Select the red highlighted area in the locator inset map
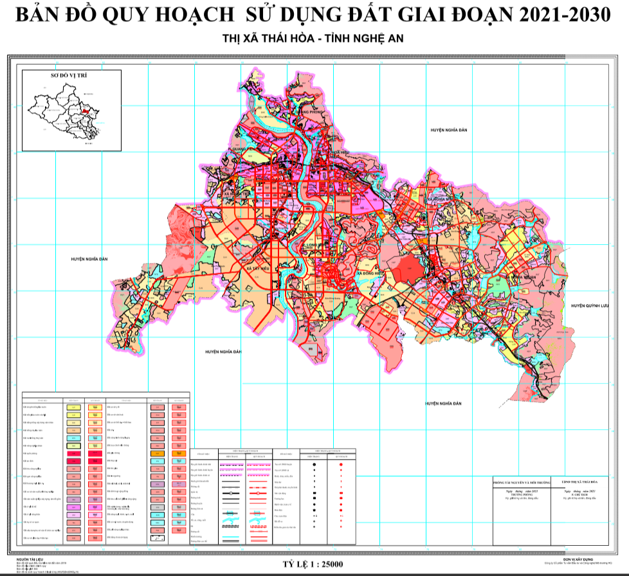pos(84,111)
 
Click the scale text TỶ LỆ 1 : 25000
pos(313,564)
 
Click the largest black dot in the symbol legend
pos(314,464)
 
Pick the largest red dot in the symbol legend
pos(341,464)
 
